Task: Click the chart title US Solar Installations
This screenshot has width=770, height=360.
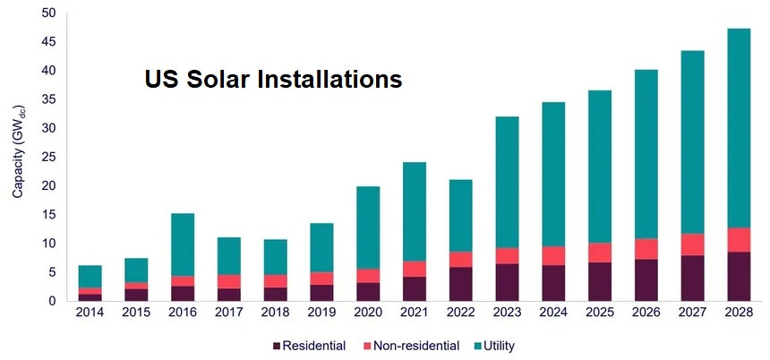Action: point(273,80)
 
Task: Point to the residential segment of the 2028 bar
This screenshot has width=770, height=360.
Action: point(739,277)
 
